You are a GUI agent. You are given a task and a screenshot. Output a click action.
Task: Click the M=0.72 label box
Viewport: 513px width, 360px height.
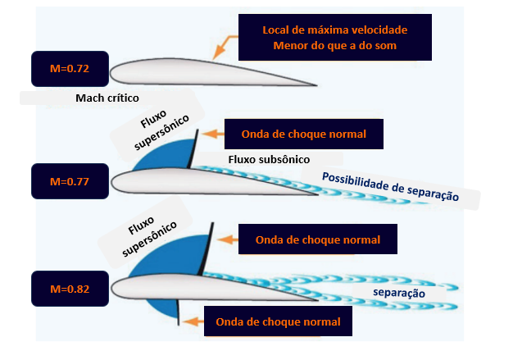click(69, 69)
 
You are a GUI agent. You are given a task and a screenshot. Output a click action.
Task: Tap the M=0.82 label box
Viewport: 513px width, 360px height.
click(69, 288)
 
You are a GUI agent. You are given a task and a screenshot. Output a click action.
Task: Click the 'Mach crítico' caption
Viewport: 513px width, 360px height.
click(107, 98)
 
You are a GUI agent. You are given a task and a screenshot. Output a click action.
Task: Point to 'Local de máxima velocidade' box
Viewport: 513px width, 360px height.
click(334, 38)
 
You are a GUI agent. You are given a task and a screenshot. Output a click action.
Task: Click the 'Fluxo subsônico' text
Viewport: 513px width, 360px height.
click(262, 159)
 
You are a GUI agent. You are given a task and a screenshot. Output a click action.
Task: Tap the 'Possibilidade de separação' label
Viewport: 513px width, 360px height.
click(390, 187)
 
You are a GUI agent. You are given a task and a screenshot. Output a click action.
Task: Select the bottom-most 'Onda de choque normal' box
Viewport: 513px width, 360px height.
click(278, 322)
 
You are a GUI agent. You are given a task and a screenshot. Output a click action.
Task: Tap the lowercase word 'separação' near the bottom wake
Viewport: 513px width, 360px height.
click(400, 293)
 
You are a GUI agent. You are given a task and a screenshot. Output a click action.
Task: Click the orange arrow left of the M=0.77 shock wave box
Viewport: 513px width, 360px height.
click(212, 133)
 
